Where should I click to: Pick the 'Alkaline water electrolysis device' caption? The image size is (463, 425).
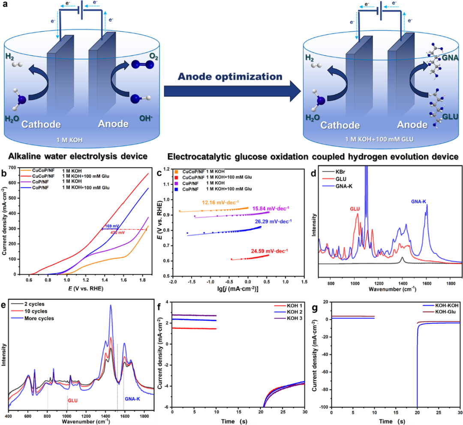pyautogui.click(x=72, y=156)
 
